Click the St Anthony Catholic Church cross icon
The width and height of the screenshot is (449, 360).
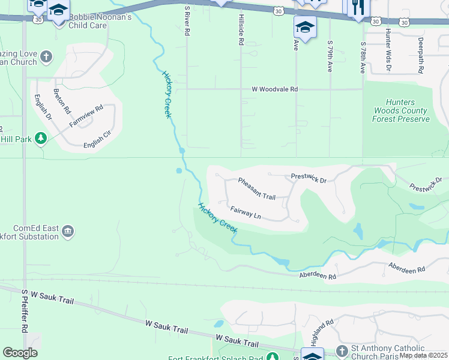pyautogui.click(x=342, y=350)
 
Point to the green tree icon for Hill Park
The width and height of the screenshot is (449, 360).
pyautogui.click(x=41, y=139)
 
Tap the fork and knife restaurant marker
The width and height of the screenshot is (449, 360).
pyautogui.click(x=358, y=7)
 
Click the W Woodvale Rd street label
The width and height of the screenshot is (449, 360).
pyautogui.click(x=274, y=89)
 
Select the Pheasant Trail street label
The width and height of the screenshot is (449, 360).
pyautogui.click(x=256, y=188)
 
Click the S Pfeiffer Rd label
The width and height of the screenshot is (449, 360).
pyautogui.click(x=25, y=311)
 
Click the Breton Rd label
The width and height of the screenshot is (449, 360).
pyautogui.click(x=62, y=102)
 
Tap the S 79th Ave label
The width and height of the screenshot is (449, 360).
pyautogui.click(x=330, y=56)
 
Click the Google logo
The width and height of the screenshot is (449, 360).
pyautogui.click(x=20, y=353)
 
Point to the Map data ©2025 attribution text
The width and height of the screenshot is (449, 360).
pyautogui.click(x=423, y=355)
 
